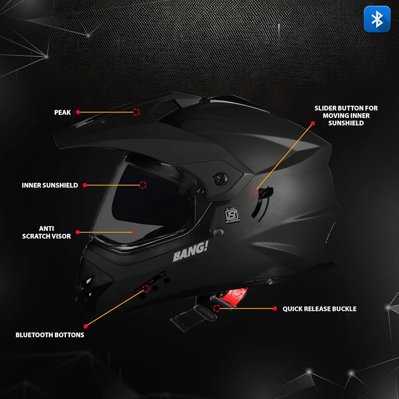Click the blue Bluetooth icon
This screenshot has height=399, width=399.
click(x=377, y=19)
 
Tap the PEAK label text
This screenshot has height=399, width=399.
click(x=63, y=113)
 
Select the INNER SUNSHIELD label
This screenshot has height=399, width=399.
click(x=50, y=185)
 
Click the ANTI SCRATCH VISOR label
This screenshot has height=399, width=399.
click(x=47, y=232)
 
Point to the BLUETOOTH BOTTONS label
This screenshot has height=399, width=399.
click(x=50, y=335)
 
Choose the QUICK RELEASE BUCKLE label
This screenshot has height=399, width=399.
click(x=319, y=309)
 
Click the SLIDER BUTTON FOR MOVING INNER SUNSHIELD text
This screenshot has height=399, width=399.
click(x=346, y=116)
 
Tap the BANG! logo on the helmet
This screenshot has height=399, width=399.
click(x=190, y=252)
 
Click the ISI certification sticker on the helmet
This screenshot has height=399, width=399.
click(x=232, y=215)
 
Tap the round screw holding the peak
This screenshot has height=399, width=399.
click(x=221, y=178)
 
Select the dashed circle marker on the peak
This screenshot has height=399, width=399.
click(x=136, y=112)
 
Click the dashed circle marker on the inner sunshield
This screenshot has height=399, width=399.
click(x=143, y=185)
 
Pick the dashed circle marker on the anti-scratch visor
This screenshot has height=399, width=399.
click(x=136, y=232)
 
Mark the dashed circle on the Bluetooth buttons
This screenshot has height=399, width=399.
click(x=146, y=289)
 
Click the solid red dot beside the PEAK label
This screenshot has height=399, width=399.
click(x=78, y=112)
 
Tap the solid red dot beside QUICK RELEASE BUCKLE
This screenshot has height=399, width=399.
click(x=275, y=309)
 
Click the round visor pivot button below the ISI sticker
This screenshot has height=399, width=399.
click(x=218, y=232)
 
